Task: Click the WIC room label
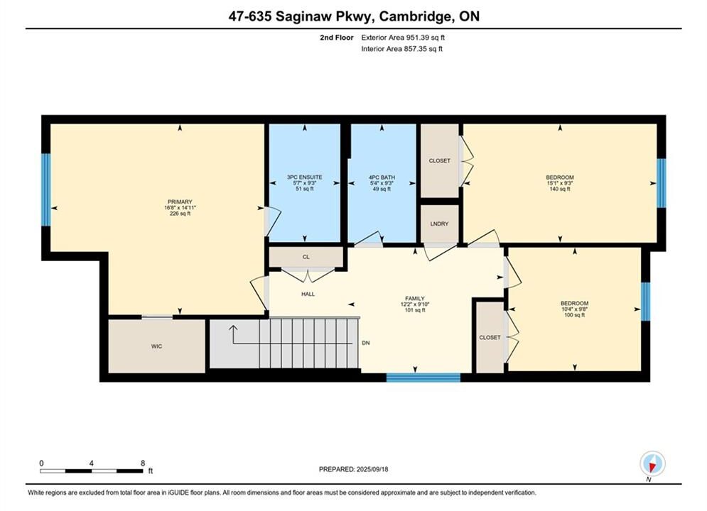(x=156, y=346)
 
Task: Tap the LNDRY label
(x=439, y=224)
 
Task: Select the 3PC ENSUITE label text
(x=305, y=177)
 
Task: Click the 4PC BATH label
(x=382, y=177)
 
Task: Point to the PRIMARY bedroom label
(x=180, y=202)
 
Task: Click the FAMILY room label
(x=415, y=298)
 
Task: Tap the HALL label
(x=308, y=294)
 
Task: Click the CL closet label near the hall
(x=306, y=257)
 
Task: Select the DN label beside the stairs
(x=366, y=343)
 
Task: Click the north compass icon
(x=652, y=463)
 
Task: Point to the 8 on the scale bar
(x=143, y=463)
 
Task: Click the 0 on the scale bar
(x=41, y=463)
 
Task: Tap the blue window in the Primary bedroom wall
(x=46, y=189)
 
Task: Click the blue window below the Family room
(x=423, y=378)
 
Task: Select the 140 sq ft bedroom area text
(x=560, y=189)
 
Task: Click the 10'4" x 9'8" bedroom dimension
(x=574, y=309)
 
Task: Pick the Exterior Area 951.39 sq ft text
(x=403, y=38)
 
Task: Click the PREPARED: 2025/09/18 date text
(x=354, y=469)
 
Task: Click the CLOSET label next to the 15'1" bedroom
(x=440, y=160)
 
